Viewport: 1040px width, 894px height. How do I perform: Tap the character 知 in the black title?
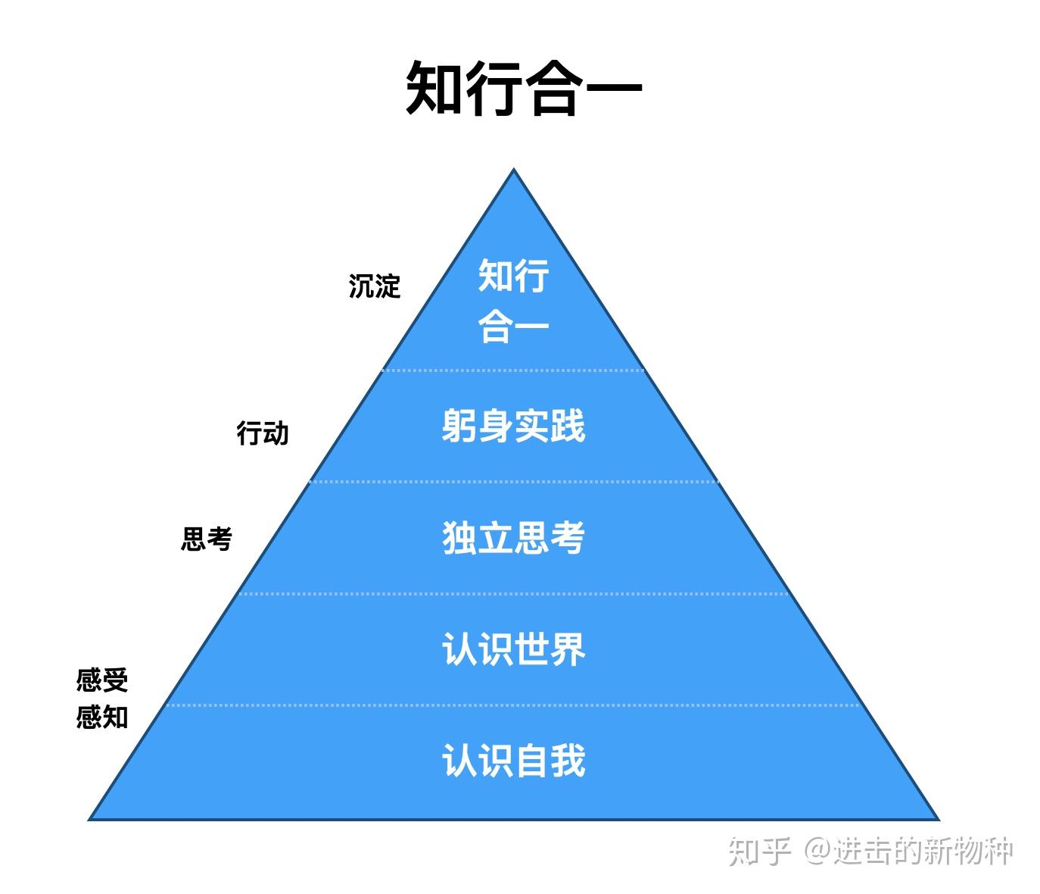tap(435, 89)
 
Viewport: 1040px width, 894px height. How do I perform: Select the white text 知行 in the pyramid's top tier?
tap(513, 276)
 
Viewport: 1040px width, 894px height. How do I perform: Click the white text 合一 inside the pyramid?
tap(513, 327)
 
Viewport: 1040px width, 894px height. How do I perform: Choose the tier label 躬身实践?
tap(513, 426)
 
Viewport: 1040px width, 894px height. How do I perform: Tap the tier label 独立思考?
tap(513, 538)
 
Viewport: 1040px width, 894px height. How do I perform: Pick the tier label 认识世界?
tap(513, 649)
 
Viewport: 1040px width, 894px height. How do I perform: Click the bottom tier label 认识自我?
tap(513, 760)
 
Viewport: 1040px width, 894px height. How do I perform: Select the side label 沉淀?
tap(374, 286)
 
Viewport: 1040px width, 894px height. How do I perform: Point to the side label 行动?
tap(263, 434)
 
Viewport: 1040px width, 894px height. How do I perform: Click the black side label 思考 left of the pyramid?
tap(206, 539)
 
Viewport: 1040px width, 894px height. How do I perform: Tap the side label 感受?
tap(102, 680)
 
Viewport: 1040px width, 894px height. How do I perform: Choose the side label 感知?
tap(102, 717)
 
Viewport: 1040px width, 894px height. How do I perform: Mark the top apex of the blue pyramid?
tap(514, 170)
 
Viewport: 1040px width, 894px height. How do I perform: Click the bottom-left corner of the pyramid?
tap(91, 818)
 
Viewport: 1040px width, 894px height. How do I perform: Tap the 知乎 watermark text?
tap(759, 852)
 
